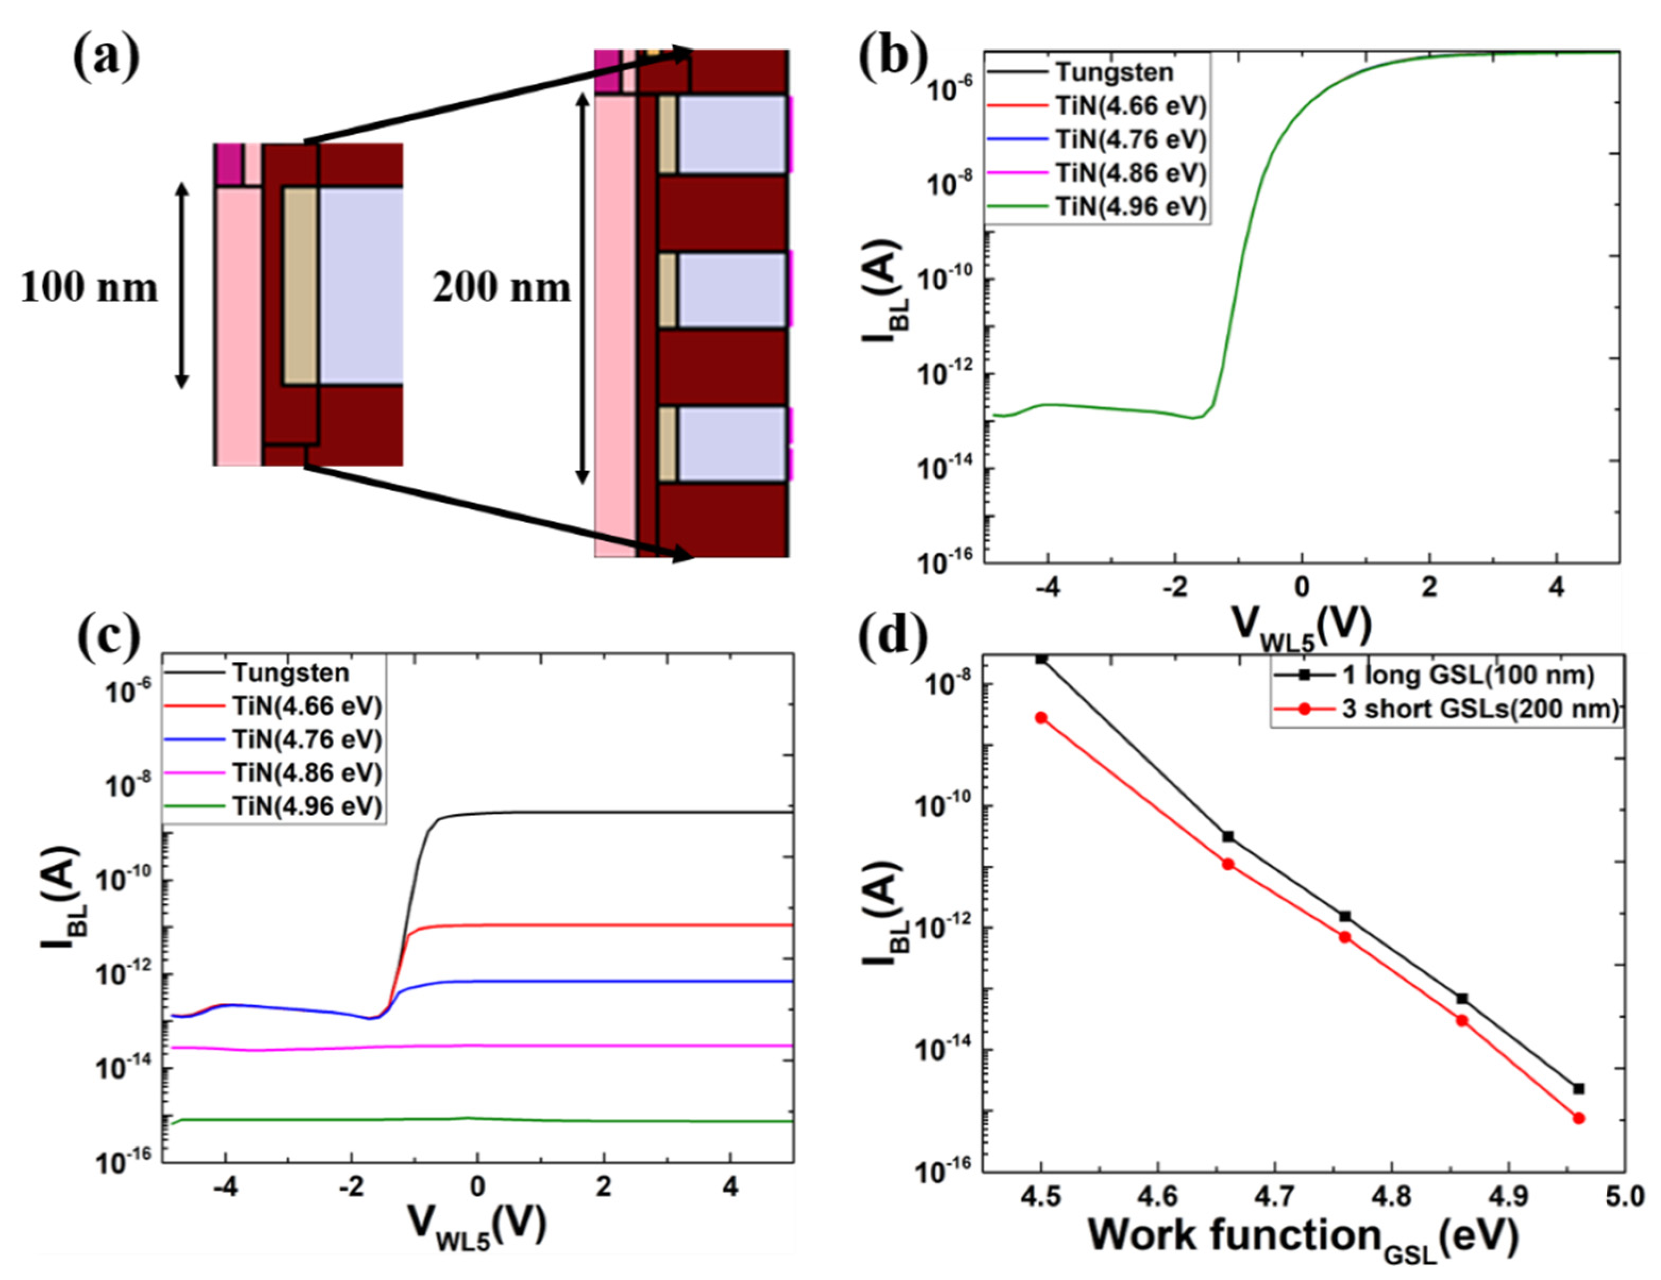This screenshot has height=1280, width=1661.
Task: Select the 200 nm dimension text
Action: [x=501, y=288]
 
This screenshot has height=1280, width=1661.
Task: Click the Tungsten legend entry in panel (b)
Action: [x=1114, y=72]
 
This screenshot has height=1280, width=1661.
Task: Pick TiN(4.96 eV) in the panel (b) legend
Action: [x=1131, y=206]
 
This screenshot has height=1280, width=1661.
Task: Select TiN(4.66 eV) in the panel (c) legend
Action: [x=307, y=706]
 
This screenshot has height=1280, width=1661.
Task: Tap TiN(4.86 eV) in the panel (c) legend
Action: [x=307, y=773]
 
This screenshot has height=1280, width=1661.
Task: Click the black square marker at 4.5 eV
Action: [x=1041, y=659]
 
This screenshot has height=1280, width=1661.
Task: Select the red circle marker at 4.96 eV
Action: [x=1579, y=1118]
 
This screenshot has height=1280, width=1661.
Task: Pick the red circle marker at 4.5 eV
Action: [x=1041, y=717]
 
